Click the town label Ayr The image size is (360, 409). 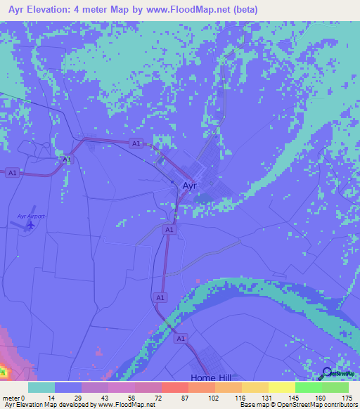190,186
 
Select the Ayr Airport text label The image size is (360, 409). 31,216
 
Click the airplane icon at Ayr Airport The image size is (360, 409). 29,226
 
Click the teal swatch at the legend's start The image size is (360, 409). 41,387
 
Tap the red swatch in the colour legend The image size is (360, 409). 174,387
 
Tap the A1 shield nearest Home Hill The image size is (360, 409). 181,339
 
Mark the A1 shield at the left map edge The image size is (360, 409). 11,172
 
